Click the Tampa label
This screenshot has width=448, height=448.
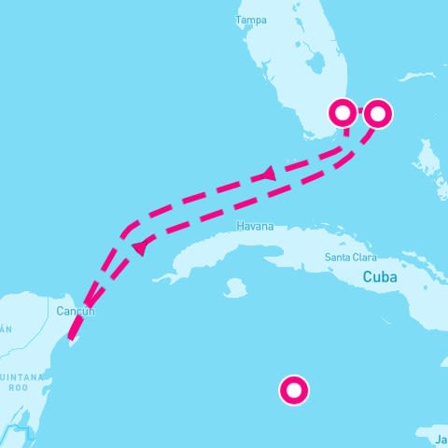click(x=252, y=20)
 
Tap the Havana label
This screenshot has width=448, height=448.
click(x=256, y=227)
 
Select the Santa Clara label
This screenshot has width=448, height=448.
click(x=350, y=257)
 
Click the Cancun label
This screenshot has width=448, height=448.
click(x=76, y=311)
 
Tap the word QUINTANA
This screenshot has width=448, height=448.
click(x=18, y=377)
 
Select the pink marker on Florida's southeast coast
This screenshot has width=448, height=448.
click(x=343, y=113)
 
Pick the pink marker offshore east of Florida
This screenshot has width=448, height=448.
click(x=377, y=113)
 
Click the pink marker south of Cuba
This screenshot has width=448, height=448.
click(x=294, y=391)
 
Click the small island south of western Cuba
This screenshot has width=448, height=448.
click(x=236, y=289)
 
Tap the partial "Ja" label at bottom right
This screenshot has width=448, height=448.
click(x=440, y=436)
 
